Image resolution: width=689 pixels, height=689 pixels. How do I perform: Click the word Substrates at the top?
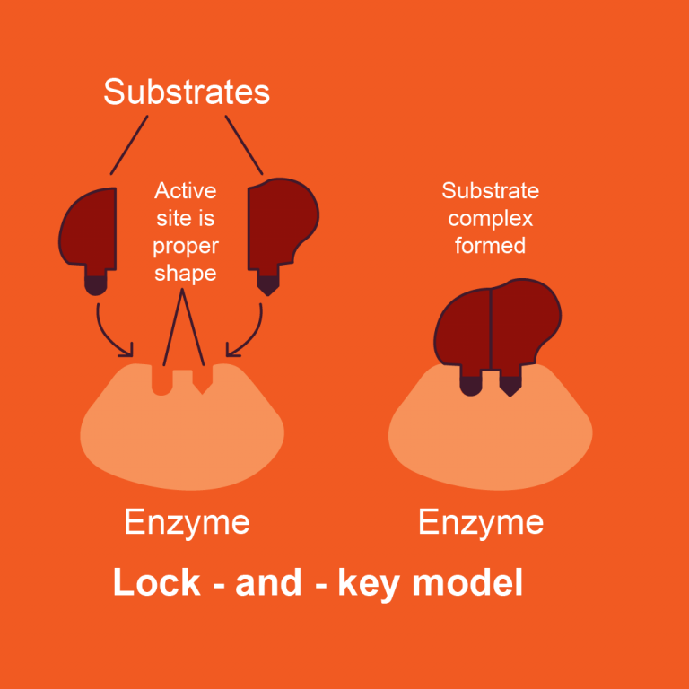tap(187, 92)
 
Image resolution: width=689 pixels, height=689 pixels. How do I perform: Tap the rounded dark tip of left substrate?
tap(95, 283)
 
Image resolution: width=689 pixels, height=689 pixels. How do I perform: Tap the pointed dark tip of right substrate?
tap(266, 284)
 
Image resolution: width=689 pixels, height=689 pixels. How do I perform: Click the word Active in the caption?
tap(186, 191)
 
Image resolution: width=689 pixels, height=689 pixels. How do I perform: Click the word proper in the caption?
tap(186, 246)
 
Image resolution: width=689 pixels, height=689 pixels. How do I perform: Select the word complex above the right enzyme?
tap(490, 218)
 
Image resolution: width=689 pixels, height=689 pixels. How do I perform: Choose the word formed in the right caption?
tap(490, 245)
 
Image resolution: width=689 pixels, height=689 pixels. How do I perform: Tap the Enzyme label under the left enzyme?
tap(187, 522)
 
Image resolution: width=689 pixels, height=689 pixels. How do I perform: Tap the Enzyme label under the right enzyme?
tap(481, 522)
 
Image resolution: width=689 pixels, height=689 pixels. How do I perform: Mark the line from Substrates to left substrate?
tap(129, 144)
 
